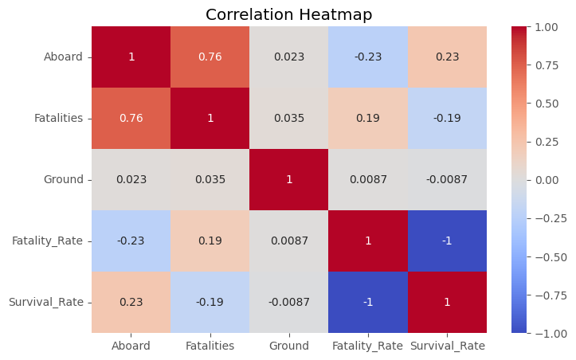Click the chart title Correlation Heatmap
click(x=288, y=14)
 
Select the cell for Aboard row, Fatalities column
click(x=210, y=57)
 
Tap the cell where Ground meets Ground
click(x=289, y=179)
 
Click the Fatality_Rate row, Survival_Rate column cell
click(x=447, y=241)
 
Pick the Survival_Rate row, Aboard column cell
click(x=131, y=302)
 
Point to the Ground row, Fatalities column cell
click(x=210, y=179)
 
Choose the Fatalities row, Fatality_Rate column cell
click(x=368, y=119)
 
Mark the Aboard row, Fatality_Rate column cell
click(x=368, y=57)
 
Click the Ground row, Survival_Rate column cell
click(x=447, y=179)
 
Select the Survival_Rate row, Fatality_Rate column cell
click(x=368, y=302)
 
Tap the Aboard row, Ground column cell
click(x=289, y=57)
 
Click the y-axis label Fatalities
click(x=59, y=119)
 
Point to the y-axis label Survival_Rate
click(x=46, y=302)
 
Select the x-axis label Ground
click(x=289, y=346)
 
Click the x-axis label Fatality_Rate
click(x=368, y=346)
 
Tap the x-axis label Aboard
click(x=131, y=346)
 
